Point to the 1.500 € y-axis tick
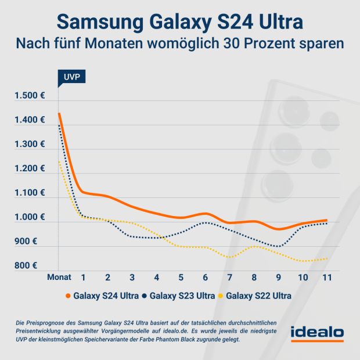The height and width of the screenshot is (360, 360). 30,96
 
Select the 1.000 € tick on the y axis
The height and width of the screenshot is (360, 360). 30,217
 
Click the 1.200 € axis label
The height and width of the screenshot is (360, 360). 30,168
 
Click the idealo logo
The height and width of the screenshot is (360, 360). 317,334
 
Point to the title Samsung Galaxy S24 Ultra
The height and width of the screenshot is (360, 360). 180,22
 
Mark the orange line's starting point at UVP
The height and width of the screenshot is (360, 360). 59,113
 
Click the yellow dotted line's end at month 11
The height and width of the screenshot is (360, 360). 327,258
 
